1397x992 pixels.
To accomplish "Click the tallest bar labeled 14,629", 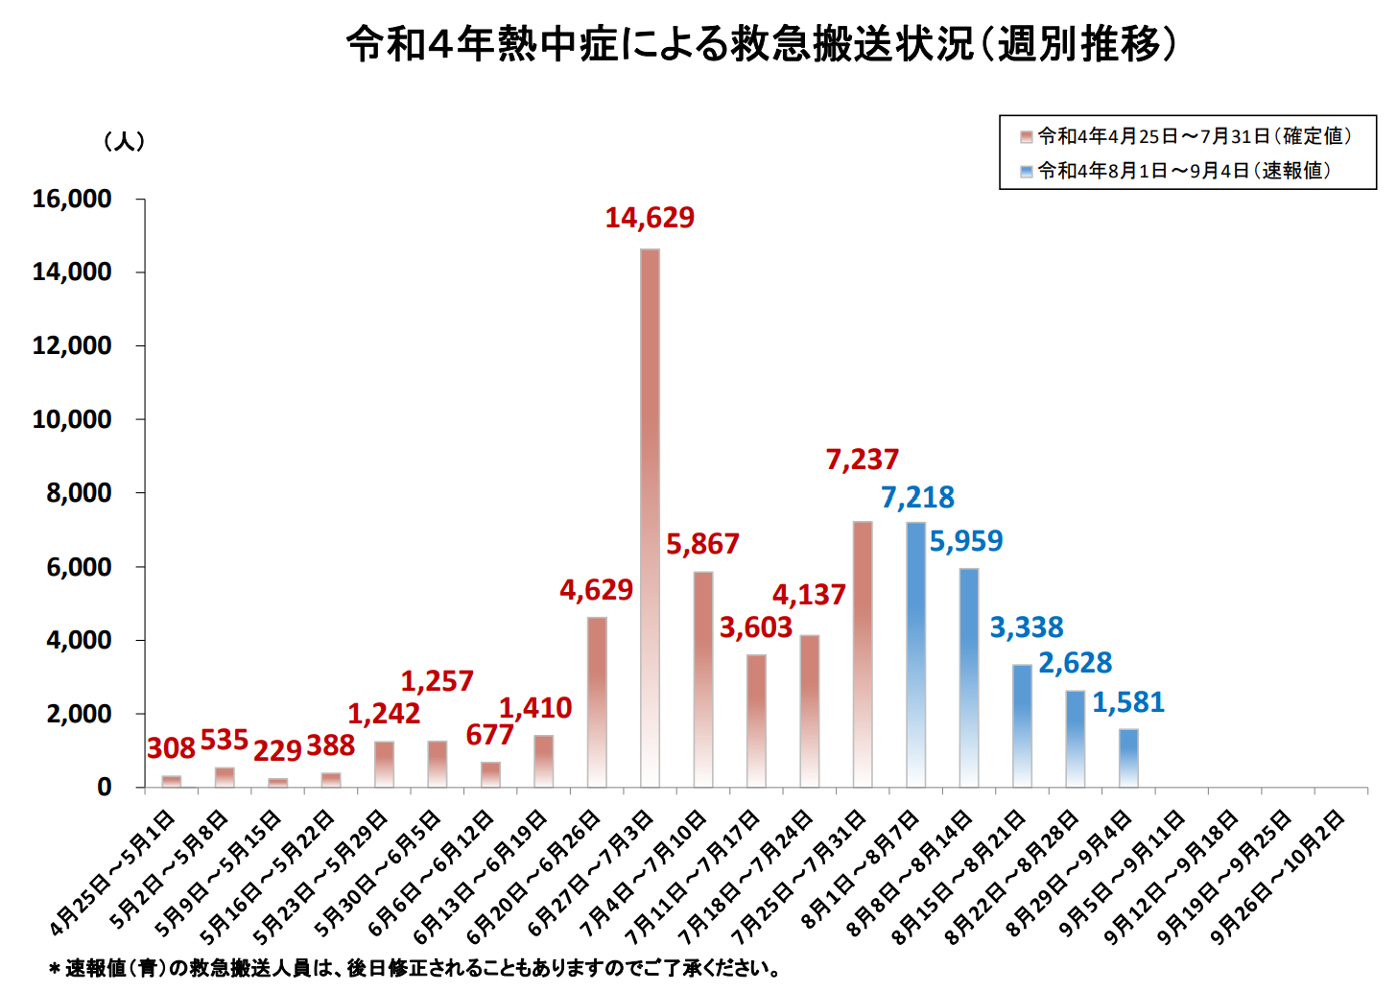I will [x=650, y=518].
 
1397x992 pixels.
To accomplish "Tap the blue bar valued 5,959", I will [x=969, y=677].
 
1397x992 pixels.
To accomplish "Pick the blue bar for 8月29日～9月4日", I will [x=1128, y=758].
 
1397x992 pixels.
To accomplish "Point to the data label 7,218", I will [x=917, y=498].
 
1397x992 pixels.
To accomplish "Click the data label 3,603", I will [x=756, y=627].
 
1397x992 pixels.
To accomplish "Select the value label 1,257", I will [x=437, y=681].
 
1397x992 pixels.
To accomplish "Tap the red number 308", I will [x=171, y=748].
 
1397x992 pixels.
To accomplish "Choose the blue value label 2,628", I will [x=1075, y=663].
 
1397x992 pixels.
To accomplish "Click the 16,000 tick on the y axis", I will [x=72, y=200].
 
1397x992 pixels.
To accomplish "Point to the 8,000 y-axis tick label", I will [x=79, y=493].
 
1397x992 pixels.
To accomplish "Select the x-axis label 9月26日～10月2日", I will [x=1278, y=875].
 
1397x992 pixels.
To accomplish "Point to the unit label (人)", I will [x=125, y=141].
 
